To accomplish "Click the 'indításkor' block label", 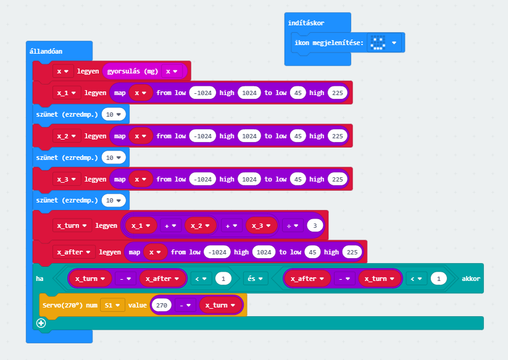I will click(x=306, y=23).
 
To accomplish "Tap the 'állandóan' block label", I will click(x=46, y=51).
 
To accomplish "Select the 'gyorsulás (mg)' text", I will click(x=133, y=71).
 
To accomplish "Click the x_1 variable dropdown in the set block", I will click(x=67, y=93).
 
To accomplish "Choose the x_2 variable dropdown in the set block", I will click(x=67, y=136).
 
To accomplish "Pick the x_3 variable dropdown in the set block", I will click(x=67, y=179).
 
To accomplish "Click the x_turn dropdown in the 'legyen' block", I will click(x=72, y=225).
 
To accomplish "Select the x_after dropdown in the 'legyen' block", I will click(x=74, y=252).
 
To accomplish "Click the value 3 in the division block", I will click(x=315, y=225).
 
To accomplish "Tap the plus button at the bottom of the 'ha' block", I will click(x=41, y=323).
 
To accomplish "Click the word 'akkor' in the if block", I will click(x=470, y=278).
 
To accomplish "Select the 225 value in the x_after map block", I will click(x=351, y=252).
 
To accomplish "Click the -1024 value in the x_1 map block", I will click(x=202, y=93).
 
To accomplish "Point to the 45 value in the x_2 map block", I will click(x=298, y=136).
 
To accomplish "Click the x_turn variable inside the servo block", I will click(x=220, y=305).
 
